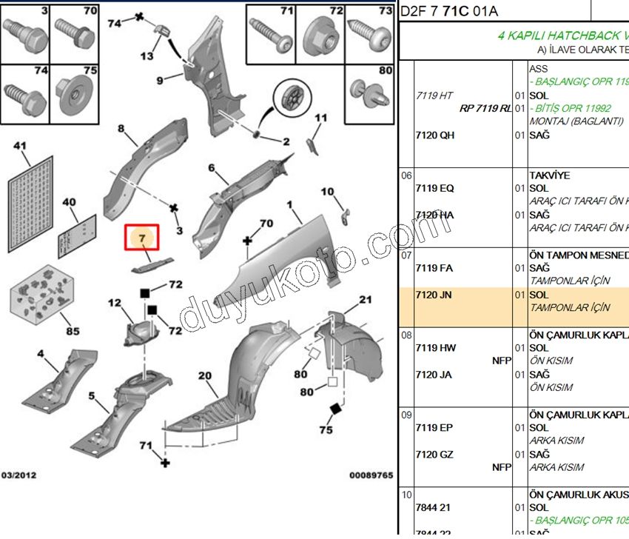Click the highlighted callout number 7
[141, 238]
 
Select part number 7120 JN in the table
[434, 295]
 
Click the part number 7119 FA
[434, 268]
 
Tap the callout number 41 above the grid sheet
[19, 146]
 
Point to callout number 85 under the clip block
[72, 331]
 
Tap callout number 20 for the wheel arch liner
[204, 375]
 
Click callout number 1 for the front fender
[290, 204]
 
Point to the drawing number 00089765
[371, 475]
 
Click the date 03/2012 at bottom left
[19, 475]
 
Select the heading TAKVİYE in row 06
[550, 175]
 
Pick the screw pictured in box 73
[369, 33]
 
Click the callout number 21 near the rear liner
[365, 300]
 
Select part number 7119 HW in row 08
[435, 348]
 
